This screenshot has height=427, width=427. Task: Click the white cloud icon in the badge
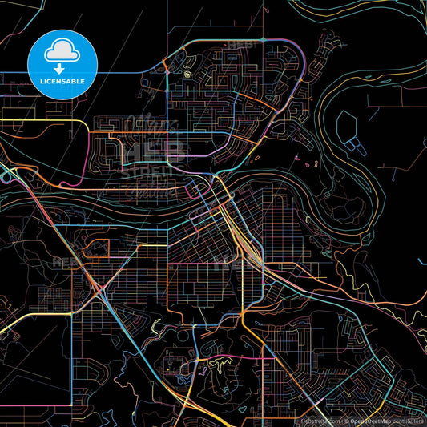(62, 51)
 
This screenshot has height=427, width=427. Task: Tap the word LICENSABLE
(62, 81)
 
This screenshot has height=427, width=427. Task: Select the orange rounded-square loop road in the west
(95, 249)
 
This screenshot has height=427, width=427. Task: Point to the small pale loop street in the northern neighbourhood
(189, 76)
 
